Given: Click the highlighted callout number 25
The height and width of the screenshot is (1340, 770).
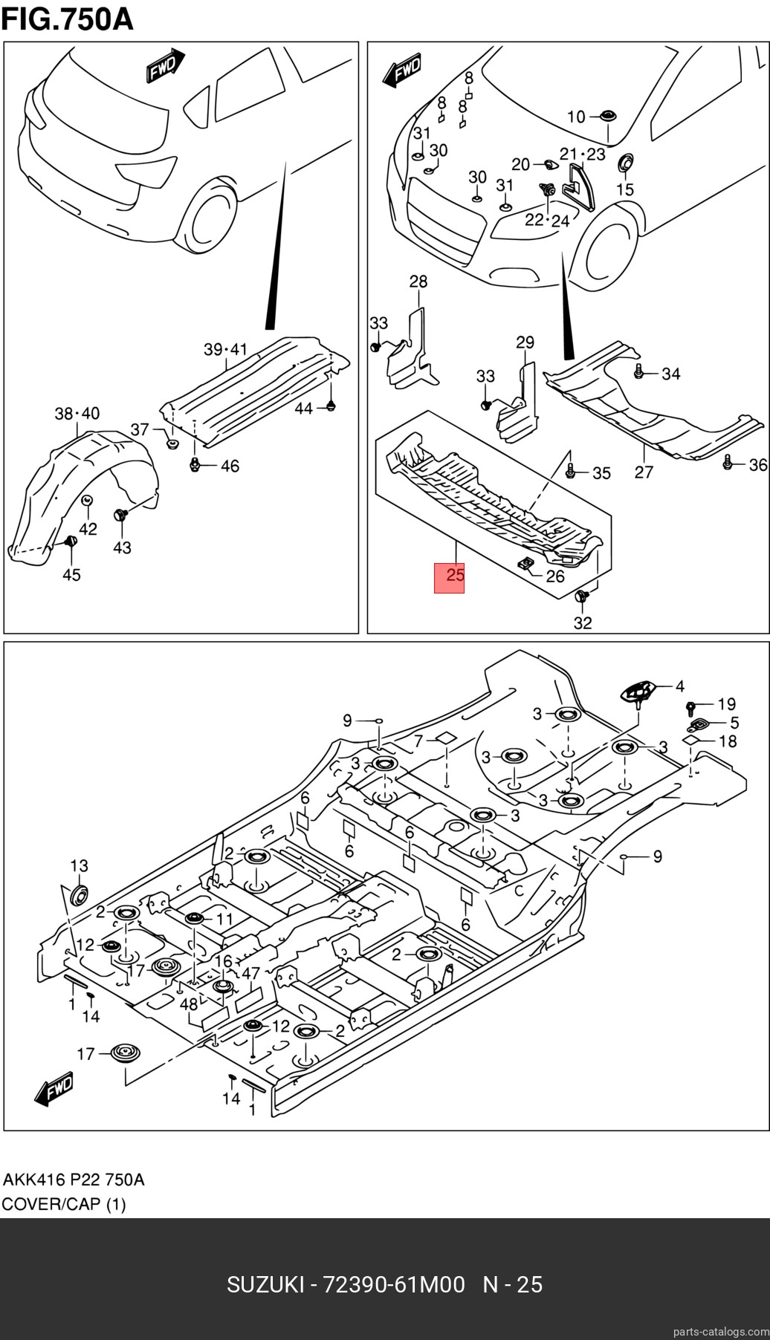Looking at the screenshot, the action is click(x=450, y=576).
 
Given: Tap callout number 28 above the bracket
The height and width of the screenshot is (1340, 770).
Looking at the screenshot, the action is click(x=418, y=282).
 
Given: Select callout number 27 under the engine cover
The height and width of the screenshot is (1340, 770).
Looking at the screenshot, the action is click(x=644, y=472).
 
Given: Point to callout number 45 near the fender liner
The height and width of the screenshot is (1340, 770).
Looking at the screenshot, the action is click(x=71, y=575).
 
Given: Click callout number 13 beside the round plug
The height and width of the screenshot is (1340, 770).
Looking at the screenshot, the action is click(x=79, y=865).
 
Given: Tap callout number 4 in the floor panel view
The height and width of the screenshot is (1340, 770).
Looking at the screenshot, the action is click(x=679, y=687).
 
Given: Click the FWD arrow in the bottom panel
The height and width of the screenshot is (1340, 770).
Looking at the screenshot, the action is click(x=54, y=1089).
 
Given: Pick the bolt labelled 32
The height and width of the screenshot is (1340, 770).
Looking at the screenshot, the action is click(x=582, y=596).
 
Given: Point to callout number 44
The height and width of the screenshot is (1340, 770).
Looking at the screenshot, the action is click(x=303, y=408).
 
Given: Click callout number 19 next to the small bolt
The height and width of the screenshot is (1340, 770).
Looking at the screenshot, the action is click(x=726, y=703).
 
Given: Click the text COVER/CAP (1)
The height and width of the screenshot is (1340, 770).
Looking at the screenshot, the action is click(x=64, y=1204).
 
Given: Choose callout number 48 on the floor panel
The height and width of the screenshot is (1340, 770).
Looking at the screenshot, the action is click(x=189, y=1004).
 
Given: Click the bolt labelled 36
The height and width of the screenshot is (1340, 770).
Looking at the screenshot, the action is click(x=728, y=464).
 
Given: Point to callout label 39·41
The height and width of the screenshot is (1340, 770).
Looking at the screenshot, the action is click(x=225, y=349).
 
